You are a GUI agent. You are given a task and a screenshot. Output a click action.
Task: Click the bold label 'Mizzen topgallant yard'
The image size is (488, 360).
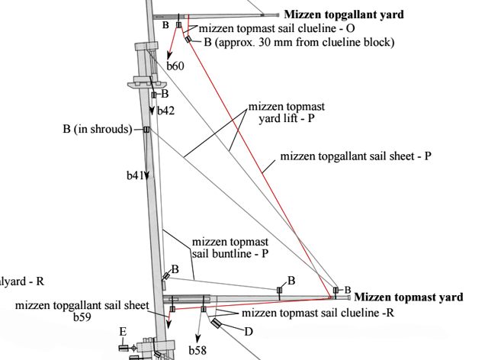(344, 14)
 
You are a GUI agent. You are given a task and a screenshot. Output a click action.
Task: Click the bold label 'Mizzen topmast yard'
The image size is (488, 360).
(409, 297)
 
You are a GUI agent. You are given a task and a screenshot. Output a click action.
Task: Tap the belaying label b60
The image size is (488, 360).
(175, 66)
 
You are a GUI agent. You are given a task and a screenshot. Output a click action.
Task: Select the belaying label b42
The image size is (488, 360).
(166, 111)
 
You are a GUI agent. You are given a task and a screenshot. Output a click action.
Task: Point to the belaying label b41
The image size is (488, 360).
(134, 175)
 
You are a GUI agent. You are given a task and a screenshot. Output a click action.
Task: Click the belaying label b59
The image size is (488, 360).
(82, 317)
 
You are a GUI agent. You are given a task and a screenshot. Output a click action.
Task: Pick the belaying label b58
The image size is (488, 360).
(197, 350)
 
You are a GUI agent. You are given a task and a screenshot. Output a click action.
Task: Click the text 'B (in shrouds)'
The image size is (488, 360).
(97, 129)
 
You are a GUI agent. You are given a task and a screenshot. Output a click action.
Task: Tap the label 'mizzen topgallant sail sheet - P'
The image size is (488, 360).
(356, 156)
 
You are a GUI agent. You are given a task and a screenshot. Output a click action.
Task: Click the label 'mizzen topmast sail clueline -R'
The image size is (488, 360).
(318, 313)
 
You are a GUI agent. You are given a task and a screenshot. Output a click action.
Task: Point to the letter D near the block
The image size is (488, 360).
(248, 332)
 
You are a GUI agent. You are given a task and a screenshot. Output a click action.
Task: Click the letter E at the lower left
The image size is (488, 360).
(122, 331)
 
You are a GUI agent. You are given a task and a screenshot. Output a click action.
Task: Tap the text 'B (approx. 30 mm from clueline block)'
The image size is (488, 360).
(299, 42)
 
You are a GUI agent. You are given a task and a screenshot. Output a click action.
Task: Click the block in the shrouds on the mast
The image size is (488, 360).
(146, 130)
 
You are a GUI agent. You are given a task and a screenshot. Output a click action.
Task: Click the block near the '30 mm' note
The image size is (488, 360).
(188, 39)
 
